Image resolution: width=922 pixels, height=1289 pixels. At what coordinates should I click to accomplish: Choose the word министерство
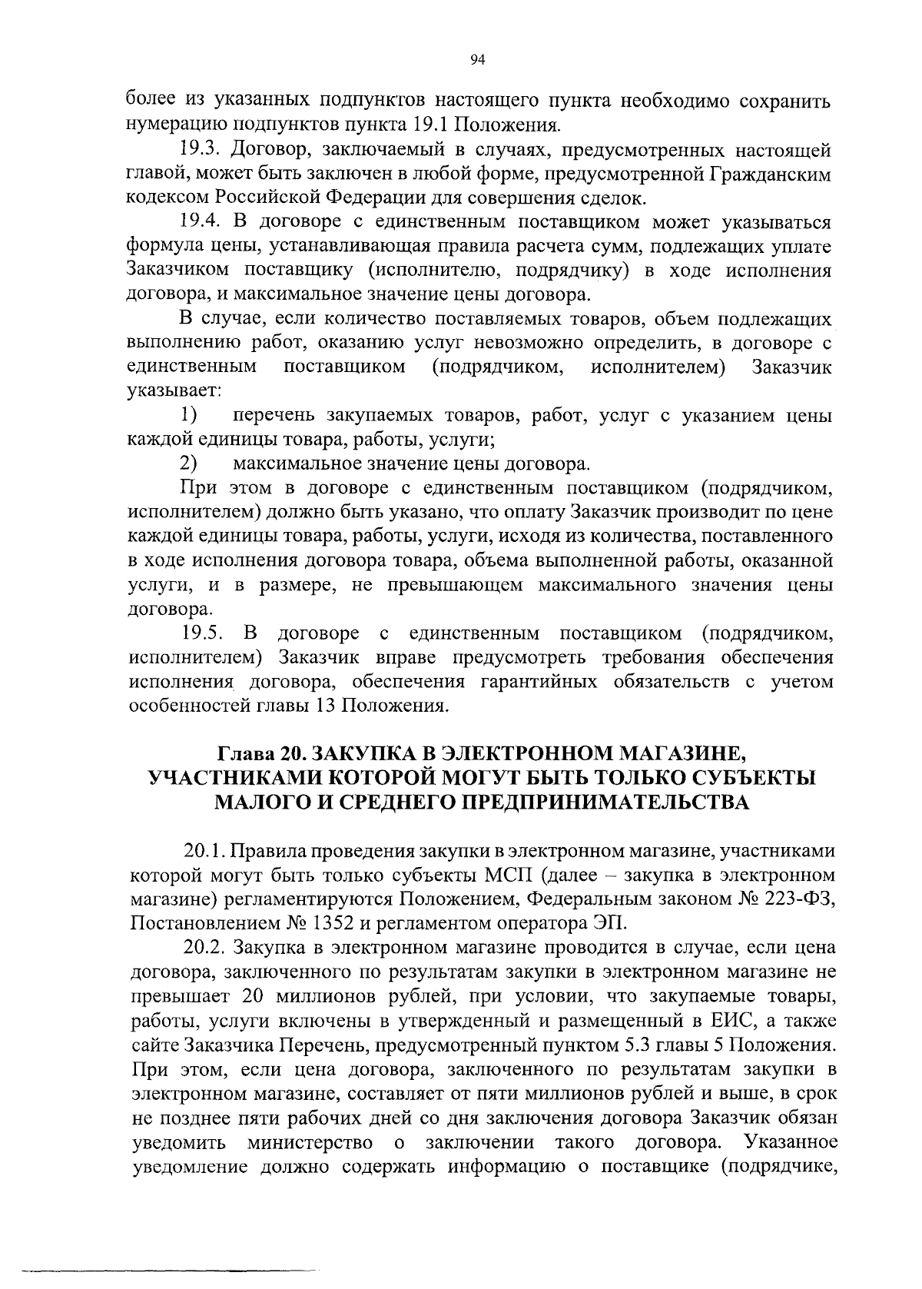[307, 1141]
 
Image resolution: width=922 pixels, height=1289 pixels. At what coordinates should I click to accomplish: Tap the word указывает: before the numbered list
[174, 390]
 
